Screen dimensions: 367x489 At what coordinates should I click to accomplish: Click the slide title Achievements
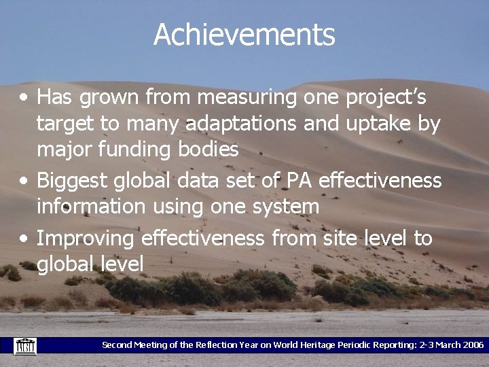tap(244, 35)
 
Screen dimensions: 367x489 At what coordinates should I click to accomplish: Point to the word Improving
tap(86, 239)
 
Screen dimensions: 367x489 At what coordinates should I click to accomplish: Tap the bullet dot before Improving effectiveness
tap(24, 239)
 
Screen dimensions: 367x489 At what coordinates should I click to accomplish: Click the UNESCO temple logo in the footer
tap(25, 345)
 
